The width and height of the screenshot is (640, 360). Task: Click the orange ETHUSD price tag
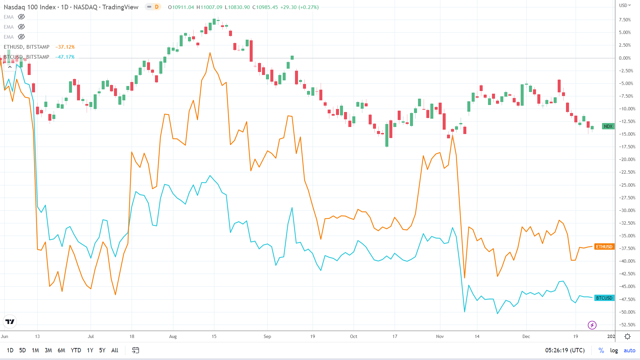tap(604, 247)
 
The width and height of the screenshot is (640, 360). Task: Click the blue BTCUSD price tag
tap(604, 298)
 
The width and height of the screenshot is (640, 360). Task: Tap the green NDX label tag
tap(608, 126)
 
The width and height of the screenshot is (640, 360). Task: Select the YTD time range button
tap(76, 350)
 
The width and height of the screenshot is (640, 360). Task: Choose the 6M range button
tap(61, 350)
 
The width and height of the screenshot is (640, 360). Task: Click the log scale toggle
tap(614, 350)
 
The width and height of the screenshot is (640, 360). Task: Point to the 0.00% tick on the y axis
tap(625, 58)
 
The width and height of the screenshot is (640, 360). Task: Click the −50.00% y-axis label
tap(627, 312)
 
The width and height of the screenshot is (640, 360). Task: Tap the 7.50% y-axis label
tap(625, 20)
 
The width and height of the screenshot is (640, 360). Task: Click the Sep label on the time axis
tap(267, 336)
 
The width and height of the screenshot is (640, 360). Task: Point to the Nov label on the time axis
tap(440, 336)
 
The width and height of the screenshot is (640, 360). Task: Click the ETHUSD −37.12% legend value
tap(65, 47)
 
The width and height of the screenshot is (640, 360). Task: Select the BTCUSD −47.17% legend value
tap(65, 57)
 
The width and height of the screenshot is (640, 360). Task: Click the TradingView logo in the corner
tap(10, 322)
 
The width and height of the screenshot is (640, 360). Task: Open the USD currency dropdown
tap(625, 5)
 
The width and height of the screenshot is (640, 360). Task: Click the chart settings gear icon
tap(627, 336)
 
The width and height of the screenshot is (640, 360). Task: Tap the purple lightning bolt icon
tap(592, 325)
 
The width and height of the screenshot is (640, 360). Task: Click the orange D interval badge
tap(156, 7)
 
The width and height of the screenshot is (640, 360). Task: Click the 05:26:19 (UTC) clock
tap(565, 350)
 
